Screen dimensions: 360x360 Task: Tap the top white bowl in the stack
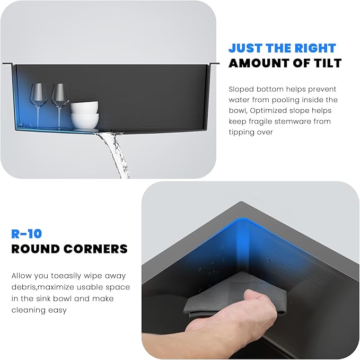[x=84, y=108]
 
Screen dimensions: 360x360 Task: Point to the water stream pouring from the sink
[x=115, y=154]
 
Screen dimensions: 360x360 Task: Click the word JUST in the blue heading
[x=245, y=48]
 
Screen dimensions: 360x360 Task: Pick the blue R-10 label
[x=27, y=234]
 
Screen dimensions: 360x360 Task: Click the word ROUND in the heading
[x=35, y=249]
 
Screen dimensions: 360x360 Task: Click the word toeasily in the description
[x=66, y=276]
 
